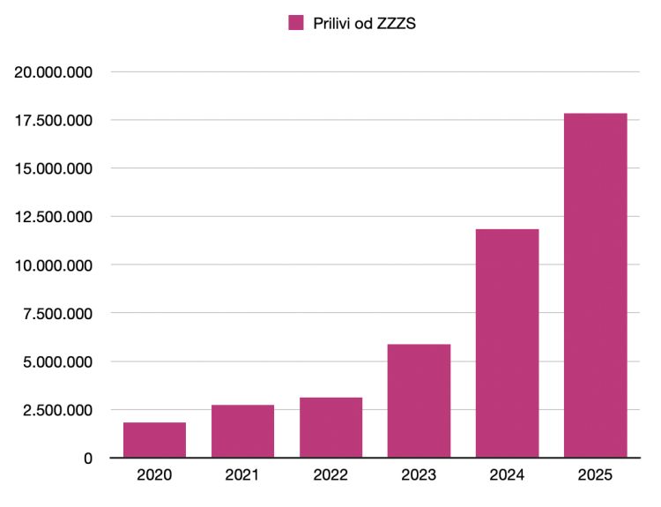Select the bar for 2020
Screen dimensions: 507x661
point(154,440)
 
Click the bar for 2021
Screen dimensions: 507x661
point(242,431)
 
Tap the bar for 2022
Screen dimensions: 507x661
point(330,428)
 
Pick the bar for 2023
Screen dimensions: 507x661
point(419,401)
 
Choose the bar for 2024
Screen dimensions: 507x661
point(507,344)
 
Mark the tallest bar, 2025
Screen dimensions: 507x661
point(595,286)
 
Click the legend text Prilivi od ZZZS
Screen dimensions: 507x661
point(364,24)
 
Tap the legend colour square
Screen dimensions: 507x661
point(296,24)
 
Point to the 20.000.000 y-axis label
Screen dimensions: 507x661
point(55,72)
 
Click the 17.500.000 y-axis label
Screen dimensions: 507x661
point(55,120)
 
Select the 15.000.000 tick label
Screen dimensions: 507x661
point(55,168)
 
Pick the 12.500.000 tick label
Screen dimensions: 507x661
point(55,217)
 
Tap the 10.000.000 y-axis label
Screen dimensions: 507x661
point(55,265)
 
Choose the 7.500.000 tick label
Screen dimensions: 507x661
point(59,314)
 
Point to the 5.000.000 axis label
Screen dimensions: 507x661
point(59,362)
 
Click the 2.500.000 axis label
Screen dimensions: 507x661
point(59,410)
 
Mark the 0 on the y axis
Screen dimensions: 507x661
point(88,459)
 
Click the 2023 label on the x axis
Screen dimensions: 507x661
point(419,476)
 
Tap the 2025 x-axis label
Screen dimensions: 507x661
point(595,476)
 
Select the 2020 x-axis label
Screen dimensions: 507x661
point(154,476)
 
